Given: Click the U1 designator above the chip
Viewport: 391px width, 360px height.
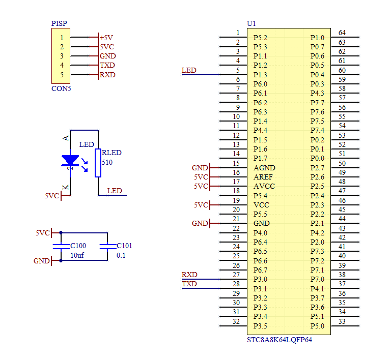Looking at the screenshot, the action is click(252, 23).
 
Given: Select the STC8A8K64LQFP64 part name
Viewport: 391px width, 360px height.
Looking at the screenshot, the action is click(280, 340).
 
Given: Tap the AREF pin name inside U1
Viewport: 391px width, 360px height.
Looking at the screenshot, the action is click(263, 177).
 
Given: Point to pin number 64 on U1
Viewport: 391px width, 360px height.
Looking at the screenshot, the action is click(342, 33).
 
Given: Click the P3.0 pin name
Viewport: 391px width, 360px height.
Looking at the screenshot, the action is click(260, 279).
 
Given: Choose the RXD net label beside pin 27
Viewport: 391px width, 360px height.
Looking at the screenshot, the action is click(189, 275).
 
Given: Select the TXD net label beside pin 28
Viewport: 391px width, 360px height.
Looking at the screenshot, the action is click(189, 284).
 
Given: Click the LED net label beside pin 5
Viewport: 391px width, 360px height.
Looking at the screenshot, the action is click(189, 71).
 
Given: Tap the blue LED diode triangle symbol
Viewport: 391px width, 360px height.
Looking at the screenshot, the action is click(70, 160).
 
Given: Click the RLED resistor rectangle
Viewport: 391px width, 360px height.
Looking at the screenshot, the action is click(98, 163).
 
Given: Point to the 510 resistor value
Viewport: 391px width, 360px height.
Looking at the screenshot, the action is click(107, 162).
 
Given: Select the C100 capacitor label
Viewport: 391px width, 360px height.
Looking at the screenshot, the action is click(78, 246).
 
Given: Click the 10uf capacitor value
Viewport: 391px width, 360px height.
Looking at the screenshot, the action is click(77, 255).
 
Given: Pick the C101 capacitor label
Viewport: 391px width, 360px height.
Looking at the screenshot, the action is click(124, 246).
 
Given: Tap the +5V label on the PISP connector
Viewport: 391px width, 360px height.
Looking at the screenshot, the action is click(106, 38).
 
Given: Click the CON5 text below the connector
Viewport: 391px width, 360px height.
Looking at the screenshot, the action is click(61, 88).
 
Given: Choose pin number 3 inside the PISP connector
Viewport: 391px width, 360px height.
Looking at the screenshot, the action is click(62, 56).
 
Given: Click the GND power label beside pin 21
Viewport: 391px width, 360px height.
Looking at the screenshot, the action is click(200, 223).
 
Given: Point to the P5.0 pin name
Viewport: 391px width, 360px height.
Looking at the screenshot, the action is click(317, 326).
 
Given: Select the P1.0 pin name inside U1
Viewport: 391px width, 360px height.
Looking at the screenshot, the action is click(317, 38).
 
